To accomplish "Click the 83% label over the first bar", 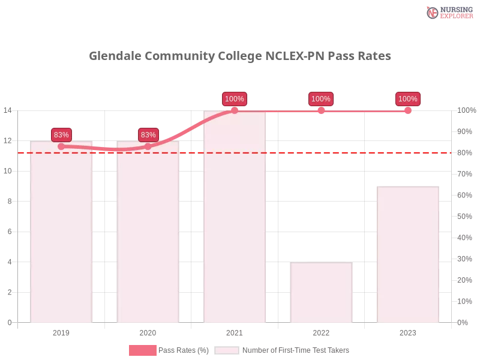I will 61,134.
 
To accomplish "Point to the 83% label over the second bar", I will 148,134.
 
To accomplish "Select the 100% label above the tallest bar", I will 235,99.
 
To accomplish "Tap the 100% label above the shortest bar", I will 321,99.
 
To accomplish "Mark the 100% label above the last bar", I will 407,99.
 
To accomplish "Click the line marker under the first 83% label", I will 61,146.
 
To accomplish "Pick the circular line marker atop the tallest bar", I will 235,110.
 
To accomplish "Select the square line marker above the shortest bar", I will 321,110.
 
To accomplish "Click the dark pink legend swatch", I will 143,350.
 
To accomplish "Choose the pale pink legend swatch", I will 227,350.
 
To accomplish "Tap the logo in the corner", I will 448,12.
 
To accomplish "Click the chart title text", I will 240,56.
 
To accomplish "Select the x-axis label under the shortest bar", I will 321,331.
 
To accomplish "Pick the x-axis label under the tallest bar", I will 235,331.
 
